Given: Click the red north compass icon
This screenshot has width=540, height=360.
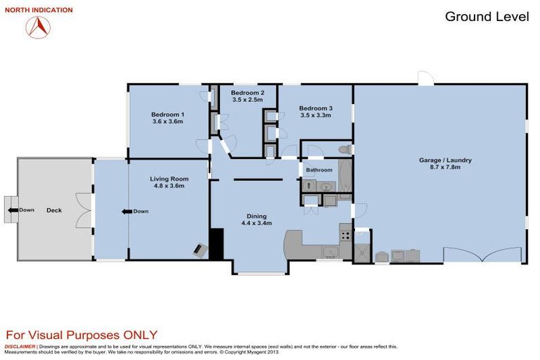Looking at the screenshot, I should click(x=38, y=26).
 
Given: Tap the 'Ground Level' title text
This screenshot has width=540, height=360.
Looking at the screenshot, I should click(x=487, y=17).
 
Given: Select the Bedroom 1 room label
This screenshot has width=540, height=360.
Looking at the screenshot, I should click(x=167, y=114).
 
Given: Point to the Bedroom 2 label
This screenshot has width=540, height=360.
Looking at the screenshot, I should click(x=247, y=93).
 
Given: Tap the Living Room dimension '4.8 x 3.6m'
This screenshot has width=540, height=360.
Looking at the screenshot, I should click(x=167, y=186).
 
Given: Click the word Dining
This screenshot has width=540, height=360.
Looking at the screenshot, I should click(x=256, y=216).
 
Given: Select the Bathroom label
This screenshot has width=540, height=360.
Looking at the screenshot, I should click(x=319, y=170).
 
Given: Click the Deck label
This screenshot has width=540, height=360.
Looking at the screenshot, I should click(x=54, y=210).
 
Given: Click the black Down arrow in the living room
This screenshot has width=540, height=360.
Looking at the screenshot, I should click(x=126, y=211).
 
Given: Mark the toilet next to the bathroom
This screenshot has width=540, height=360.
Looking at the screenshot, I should click(x=343, y=150).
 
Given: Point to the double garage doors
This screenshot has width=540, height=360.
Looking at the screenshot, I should click(x=484, y=255).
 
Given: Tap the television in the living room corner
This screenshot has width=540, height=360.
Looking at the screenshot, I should click(x=201, y=250).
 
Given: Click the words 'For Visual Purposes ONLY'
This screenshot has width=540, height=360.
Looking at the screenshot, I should click(x=82, y=335).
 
